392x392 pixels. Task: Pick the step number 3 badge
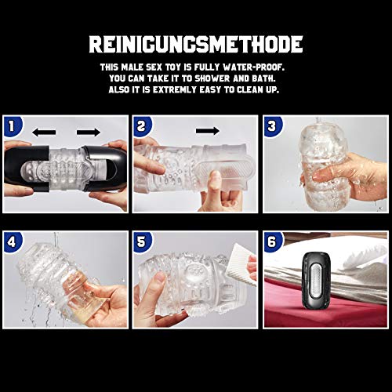[273, 125]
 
